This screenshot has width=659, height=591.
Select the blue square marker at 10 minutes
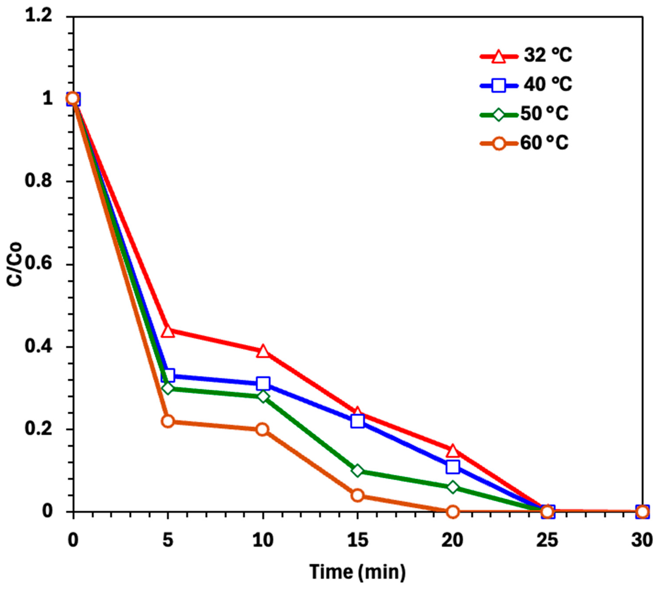point(263,383)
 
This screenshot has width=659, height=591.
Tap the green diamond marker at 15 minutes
point(357,470)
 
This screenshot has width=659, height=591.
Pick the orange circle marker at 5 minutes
point(168,421)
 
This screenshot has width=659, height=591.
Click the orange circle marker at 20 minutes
point(453,512)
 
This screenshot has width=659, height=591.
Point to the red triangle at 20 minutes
point(453,451)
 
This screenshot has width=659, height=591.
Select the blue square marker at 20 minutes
point(453,467)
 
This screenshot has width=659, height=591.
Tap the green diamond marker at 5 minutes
point(168,388)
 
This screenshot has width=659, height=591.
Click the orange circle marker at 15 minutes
point(357,495)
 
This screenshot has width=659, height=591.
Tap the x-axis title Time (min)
point(358,572)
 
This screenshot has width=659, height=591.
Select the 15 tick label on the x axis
point(357,541)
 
